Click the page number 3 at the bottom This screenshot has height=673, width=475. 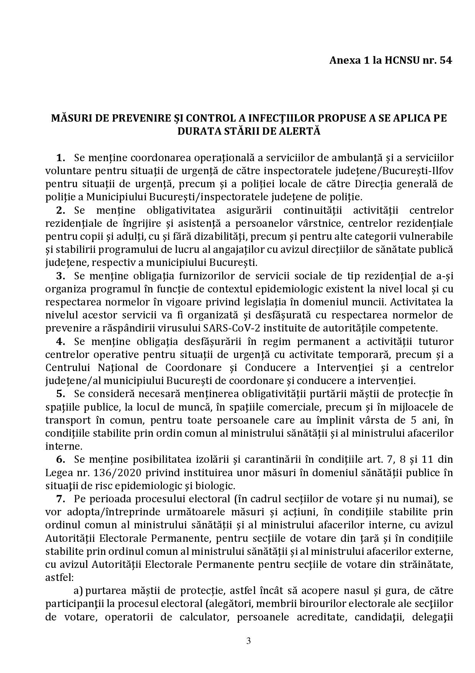click(249, 640)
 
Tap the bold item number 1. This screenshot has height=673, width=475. click(61, 158)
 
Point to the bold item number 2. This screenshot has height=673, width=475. click(61, 210)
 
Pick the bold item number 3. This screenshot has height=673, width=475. click(61, 275)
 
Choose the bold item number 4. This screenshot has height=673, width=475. click(61, 341)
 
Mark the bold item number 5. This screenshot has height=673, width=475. click(61, 394)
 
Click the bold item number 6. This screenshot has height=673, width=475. click(61, 459)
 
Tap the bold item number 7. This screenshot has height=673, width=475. click(61, 498)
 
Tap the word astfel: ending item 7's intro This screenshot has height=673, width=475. click(58, 577)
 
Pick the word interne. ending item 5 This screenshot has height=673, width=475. click(58, 446)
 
